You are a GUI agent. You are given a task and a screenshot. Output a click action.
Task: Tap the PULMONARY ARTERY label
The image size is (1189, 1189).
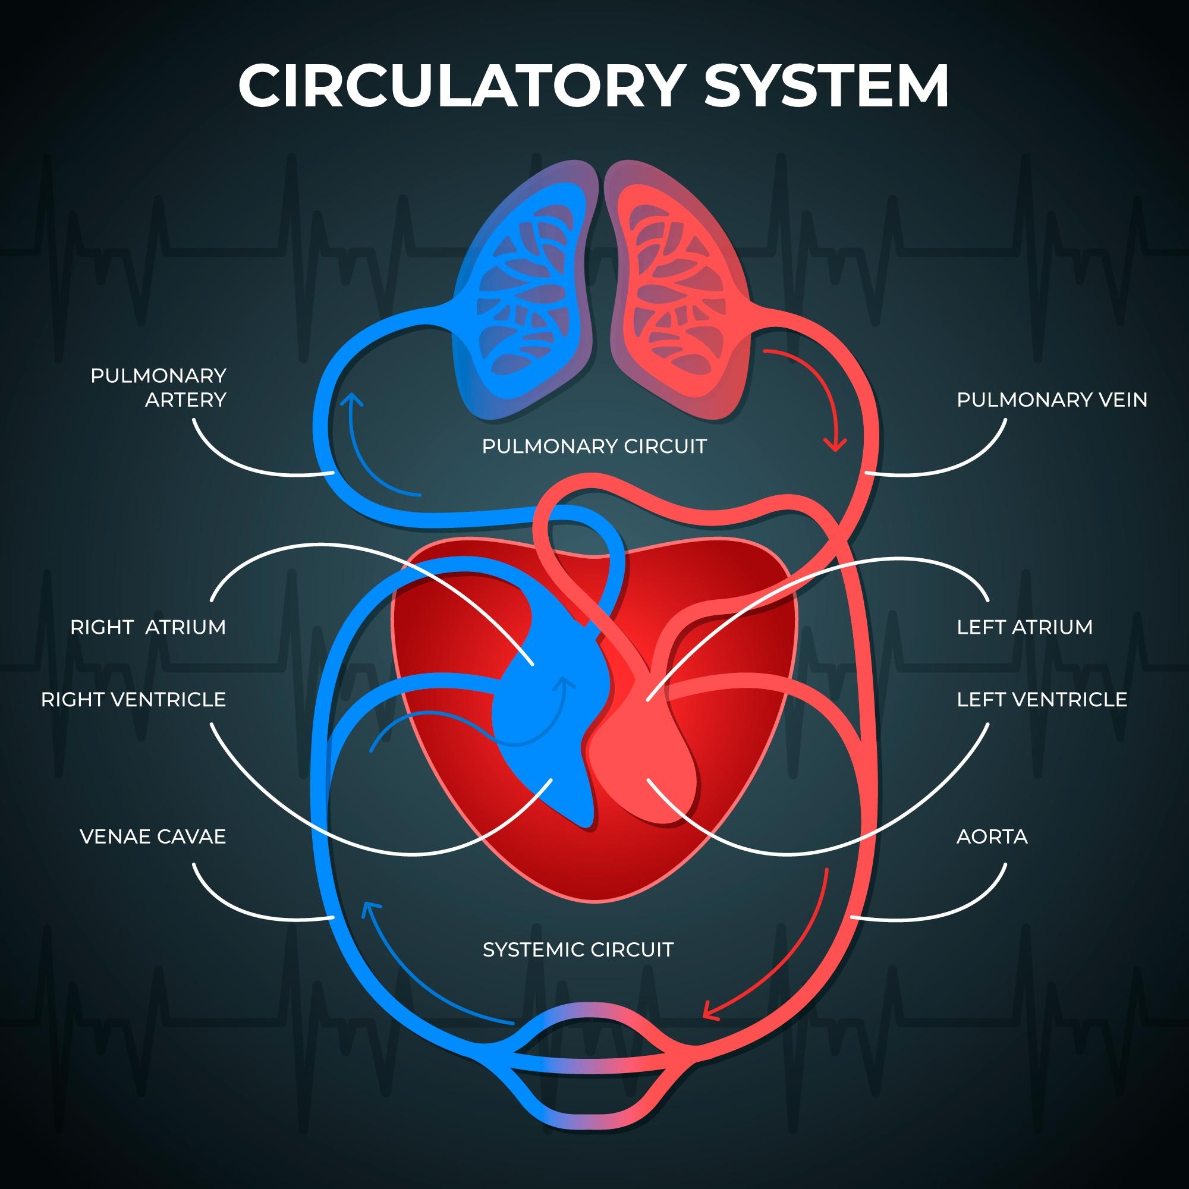point(158,388)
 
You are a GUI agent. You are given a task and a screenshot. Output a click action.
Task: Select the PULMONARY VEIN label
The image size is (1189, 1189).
point(1052,400)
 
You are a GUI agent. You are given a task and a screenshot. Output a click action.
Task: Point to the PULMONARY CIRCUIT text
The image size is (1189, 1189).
point(594,446)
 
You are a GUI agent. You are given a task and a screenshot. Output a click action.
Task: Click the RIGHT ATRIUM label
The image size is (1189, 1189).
point(147,627)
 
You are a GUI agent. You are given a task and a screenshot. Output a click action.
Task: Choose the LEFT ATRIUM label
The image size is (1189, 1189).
point(1025,627)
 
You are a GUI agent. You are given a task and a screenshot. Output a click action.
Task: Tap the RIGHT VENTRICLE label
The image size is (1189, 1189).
point(134,700)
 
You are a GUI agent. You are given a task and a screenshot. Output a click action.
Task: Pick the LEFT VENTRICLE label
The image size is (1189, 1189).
point(1042,700)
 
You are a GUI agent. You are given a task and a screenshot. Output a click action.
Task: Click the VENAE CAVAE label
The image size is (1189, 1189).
point(153,837)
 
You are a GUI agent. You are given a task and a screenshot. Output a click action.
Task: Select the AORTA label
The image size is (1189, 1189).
point(992,837)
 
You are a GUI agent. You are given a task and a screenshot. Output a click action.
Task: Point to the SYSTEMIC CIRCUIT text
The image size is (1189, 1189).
point(578,949)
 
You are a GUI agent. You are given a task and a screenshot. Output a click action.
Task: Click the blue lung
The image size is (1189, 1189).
point(523,295)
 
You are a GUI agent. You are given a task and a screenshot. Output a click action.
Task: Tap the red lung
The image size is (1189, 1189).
point(677,295)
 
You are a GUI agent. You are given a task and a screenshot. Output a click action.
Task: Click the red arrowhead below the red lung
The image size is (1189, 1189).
point(835,444)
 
